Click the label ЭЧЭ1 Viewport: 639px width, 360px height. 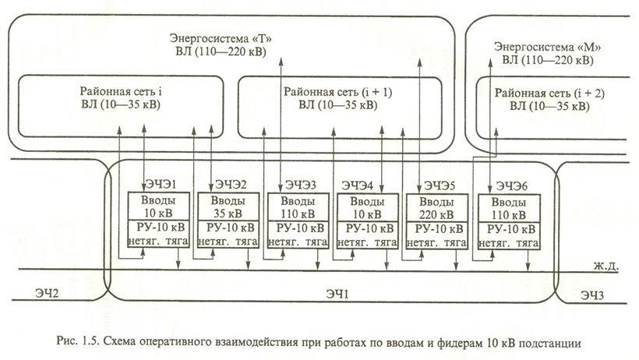point(160,185)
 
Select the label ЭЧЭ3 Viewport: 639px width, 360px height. point(300,185)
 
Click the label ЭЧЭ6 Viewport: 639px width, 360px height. point(510,185)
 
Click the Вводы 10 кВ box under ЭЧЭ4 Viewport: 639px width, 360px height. point(366,206)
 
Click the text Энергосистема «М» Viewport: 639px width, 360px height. point(546,46)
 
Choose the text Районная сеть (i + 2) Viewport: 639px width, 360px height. point(550,92)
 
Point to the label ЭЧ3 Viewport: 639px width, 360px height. point(596,295)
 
